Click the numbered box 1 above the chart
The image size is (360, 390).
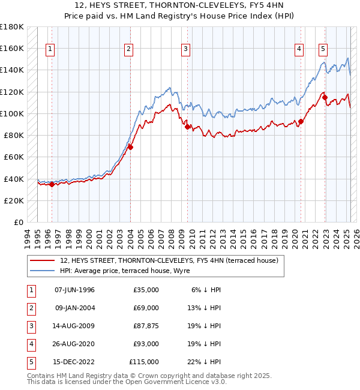coord(49,49)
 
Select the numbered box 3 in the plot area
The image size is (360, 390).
coord(186,49)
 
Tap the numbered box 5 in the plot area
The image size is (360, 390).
coord(323,49)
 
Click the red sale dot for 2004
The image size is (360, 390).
coord(130,147)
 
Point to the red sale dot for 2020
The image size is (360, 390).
coord(301,121)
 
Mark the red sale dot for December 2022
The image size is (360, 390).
coord(325,97)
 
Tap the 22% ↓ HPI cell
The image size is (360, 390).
coord(203,362)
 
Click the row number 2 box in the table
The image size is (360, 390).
coord(30,308)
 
